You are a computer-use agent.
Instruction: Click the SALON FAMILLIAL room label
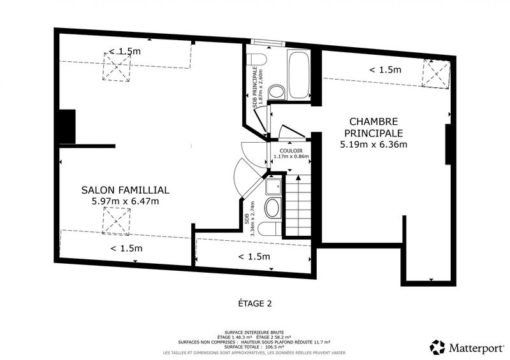point(125,190)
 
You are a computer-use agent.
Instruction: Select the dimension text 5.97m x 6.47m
point(125,201)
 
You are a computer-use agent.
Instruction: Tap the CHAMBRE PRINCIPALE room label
point(374,127)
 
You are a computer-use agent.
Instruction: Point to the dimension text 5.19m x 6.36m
point(374,144)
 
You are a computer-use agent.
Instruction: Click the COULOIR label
point(291,150)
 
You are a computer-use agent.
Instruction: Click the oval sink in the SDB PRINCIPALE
point(276,92)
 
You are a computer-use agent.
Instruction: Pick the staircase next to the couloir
point(298,205)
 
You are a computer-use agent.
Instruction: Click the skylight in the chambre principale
point(439,73)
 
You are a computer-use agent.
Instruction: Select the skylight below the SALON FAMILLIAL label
point(116,222)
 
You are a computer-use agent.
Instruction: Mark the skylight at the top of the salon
point(115,66)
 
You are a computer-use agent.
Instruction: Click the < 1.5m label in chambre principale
point(386,69)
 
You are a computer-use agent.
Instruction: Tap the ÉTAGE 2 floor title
point(255,303)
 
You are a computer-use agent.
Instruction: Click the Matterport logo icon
point(437,347)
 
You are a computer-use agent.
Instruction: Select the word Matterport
point(475,348)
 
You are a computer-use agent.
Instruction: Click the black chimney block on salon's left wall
point(67,126)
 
